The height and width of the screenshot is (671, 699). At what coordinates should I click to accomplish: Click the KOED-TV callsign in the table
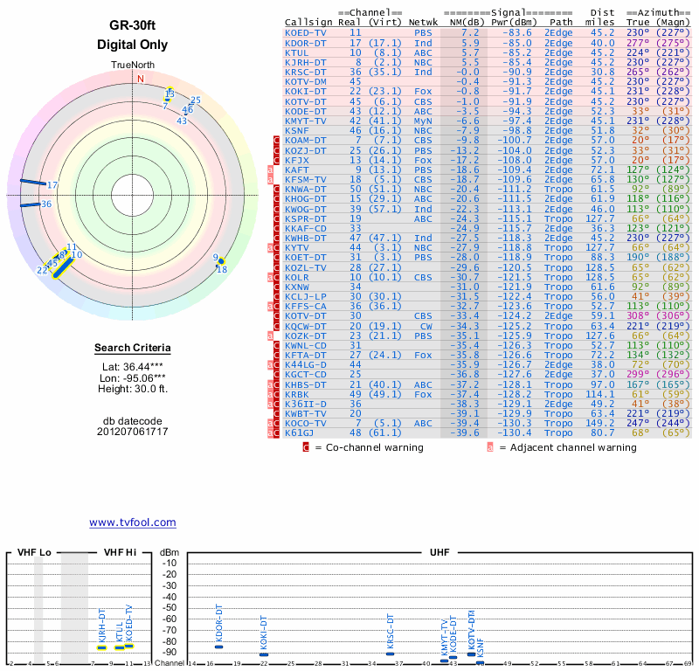point(306,32)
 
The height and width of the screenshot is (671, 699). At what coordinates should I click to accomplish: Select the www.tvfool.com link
point(132,522)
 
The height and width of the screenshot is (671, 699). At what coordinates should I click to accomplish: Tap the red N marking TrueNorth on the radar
point(140,78)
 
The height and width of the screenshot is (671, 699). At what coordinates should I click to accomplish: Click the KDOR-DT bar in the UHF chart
point(219,647)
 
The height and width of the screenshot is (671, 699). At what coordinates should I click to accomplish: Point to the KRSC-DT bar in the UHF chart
point(391,654)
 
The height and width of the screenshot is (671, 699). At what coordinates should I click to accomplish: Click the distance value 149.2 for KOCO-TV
point(600,423)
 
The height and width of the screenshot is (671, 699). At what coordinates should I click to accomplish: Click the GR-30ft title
point(132,25)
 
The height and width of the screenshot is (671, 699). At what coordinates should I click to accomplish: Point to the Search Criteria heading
point(133,349)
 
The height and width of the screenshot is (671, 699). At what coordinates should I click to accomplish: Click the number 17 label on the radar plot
point(52,185)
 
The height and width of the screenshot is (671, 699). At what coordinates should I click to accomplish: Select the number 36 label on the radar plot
point(46,204)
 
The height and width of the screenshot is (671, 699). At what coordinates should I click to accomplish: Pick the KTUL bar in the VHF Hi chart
point(120,647)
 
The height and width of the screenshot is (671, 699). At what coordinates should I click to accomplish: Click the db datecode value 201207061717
point(133,432)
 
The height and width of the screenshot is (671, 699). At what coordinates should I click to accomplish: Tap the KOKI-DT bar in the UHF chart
point(264,654)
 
